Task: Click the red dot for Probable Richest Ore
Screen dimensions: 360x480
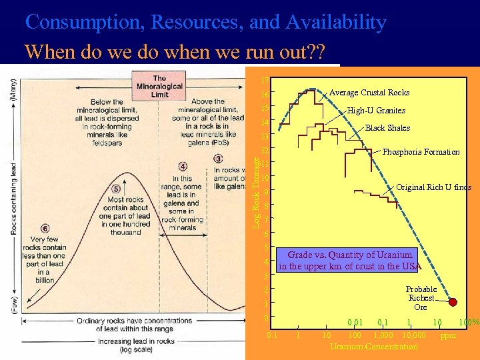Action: pyautogui.click(x=453, y=302)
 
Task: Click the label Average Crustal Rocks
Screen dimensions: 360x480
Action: pyautogui.click(x=369, y=93)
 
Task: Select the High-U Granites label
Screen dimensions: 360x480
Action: pyautogui.click(x=376, y=111)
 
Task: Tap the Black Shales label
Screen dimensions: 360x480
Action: pyautogui.click(x=387, y=128)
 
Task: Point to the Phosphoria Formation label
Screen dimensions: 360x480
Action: pyautogui.click(x=421, y=152)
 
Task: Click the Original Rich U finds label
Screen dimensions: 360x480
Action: pyautogui.click(x=433, y=187)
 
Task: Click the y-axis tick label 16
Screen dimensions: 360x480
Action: pyautogui.click(x=265, y=96)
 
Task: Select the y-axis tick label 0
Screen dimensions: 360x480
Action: pyautogui.click(x=265, y=318)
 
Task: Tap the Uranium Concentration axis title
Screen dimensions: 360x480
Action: pyautogui.click(x=373, y=346)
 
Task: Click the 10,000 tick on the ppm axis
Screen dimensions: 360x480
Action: pyautogui.click(x=415, y=335)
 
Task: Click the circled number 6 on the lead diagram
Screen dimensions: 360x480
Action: pyautogui.click(x=45, y=229)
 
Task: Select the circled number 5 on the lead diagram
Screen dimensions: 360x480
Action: pyautogui.click(x=116, y=189)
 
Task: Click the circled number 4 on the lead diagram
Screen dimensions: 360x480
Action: pyautogui.click(x=183, y=166)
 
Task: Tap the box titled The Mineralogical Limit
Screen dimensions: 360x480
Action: pyautogui.click(x=160, y=87)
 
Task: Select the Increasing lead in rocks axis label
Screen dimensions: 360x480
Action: pyautogui.click(x=134, y=344)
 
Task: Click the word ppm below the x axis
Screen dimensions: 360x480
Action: pyautogui.click(x=448, y=335)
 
